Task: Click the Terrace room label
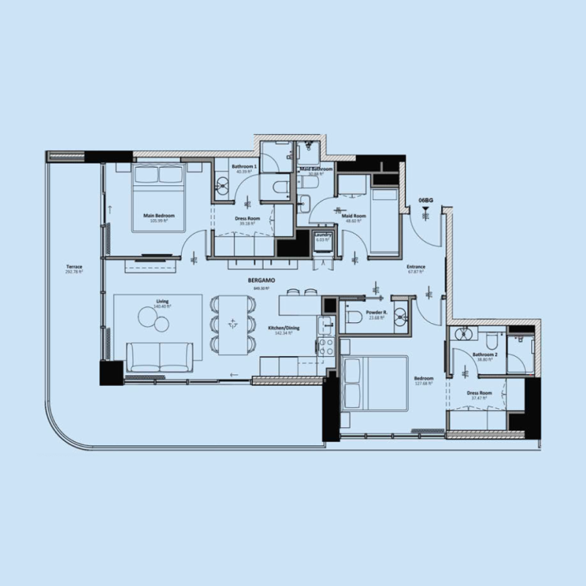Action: (73, 267)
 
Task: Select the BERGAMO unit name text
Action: (255, 280)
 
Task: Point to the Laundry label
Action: (324, 234)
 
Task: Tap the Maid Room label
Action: (354, 215)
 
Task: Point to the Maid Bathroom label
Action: (316, 169)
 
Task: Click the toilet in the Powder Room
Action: (354, 316)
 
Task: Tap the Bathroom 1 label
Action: (244, 167)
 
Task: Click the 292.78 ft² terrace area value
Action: (73, 272)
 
